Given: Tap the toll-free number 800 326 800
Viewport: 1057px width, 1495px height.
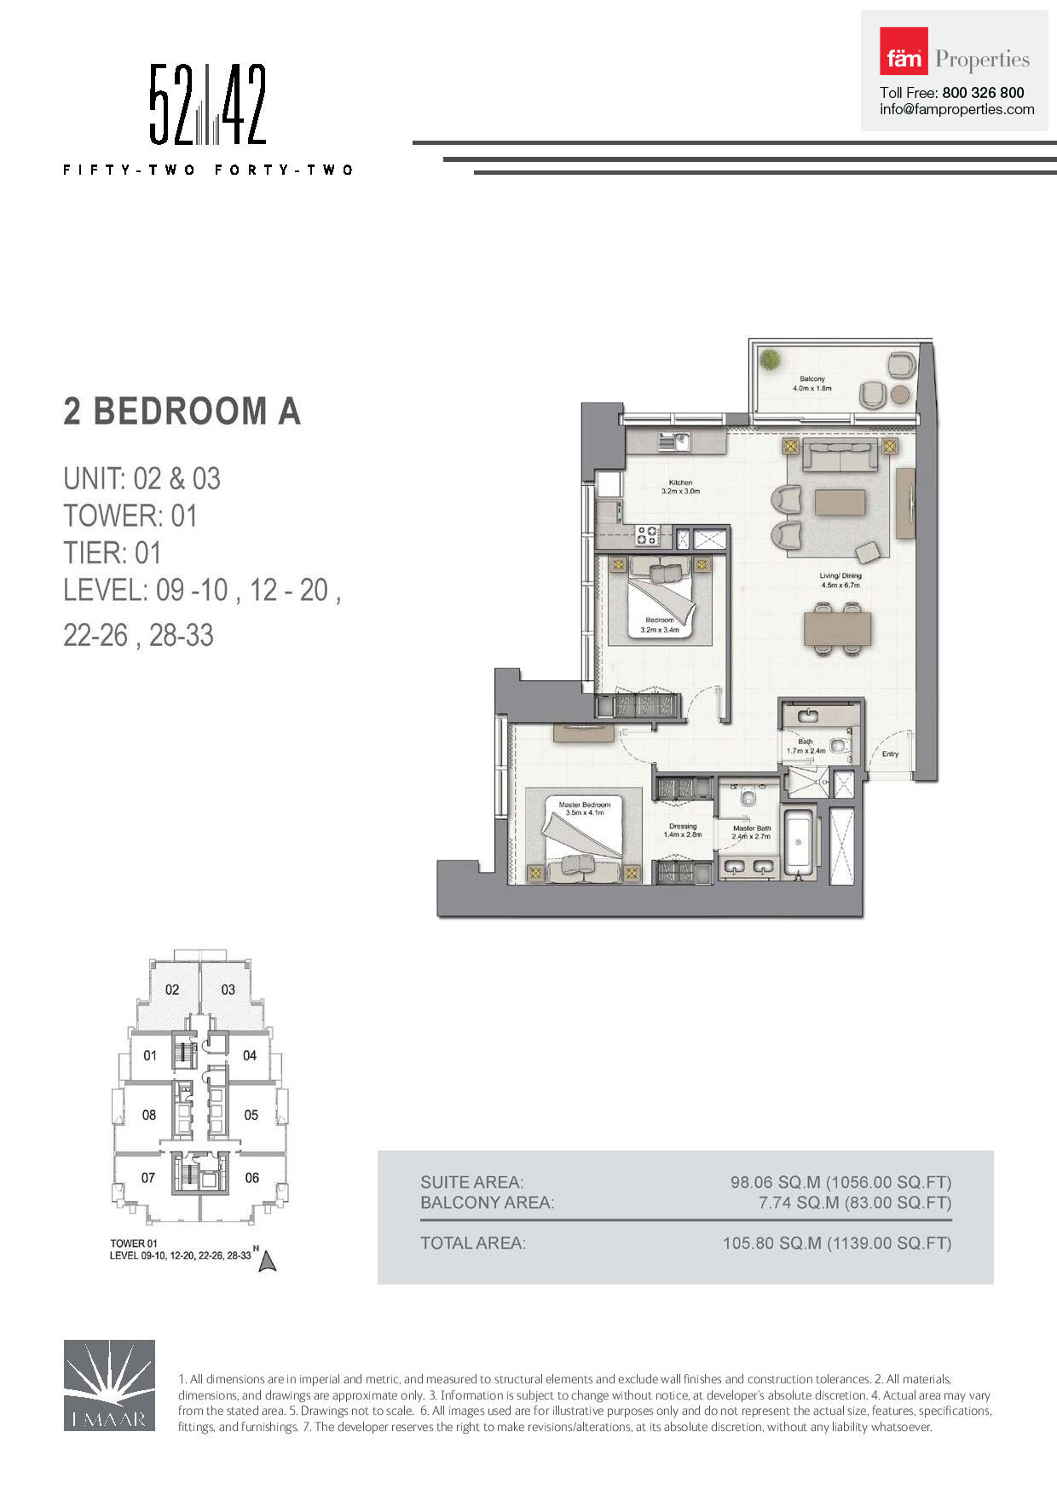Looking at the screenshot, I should [983, 93].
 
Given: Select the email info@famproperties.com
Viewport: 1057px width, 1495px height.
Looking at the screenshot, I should [956, 110].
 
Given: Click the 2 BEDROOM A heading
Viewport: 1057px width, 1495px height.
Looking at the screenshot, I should [182, 412].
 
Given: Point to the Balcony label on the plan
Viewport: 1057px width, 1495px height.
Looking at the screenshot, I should [812, 379].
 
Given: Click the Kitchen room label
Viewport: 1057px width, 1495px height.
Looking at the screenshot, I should [680, 483].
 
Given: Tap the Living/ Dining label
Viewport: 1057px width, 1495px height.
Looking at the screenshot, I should [840, 576].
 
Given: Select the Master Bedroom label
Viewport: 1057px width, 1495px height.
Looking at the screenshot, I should [584, 805].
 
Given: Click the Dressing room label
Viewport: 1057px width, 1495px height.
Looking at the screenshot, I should [683, 826].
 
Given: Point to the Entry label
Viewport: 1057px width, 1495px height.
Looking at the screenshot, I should [890, 754].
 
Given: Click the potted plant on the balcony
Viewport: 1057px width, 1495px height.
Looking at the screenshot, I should [770, 360].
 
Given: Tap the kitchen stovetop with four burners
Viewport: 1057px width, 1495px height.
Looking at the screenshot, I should [647, 535].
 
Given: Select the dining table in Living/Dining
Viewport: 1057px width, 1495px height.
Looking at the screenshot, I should [837, 630].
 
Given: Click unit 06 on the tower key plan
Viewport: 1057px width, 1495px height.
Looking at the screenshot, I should [251, 1178].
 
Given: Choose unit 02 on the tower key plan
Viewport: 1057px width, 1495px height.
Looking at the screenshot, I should [172, 990].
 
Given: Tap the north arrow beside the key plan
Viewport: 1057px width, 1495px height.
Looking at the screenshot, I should [268, 1261].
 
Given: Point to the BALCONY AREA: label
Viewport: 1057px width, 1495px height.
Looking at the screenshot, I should [487, 1203].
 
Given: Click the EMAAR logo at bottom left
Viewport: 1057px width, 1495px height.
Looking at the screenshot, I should [109, 1384].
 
